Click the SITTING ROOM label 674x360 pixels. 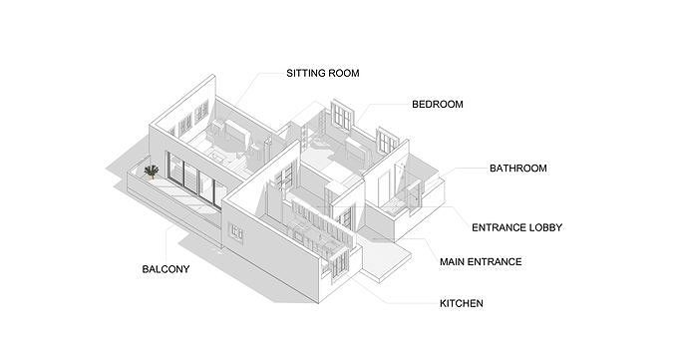click(x=322, y=73)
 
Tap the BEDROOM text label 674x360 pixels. click(x=437, y=104)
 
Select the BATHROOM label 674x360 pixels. click(x=517, y=169)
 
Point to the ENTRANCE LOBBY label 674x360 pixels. click(x=516, y=227)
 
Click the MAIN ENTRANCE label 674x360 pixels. click(x=481, y=262)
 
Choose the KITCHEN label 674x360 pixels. click(x=462, y=303)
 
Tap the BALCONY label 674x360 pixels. click(x=166, y=269)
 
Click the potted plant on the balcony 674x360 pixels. click(x=151, y=174)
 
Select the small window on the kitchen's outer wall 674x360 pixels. click(x=236, y=231)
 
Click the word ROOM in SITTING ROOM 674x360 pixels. click(x=342, y=73)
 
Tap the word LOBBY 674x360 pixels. click(x=544, y=227)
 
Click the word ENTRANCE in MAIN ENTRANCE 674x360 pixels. click(x=495, y=262)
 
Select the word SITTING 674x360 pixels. click(x=304, y=73)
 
